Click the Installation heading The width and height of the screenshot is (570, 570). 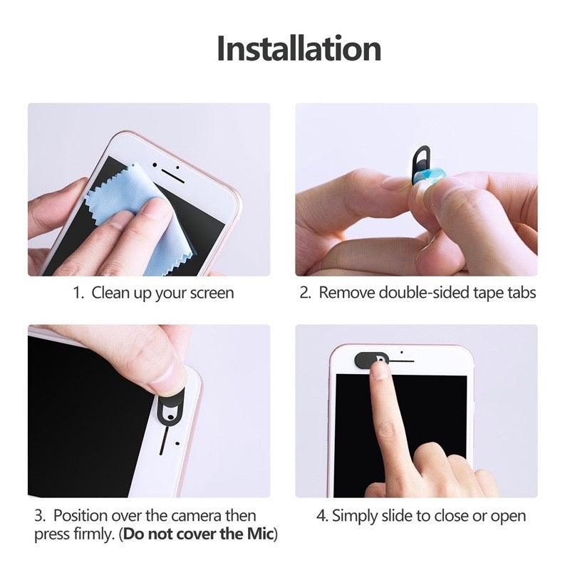tap(299, 49)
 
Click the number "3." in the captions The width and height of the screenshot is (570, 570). tap(41, 515)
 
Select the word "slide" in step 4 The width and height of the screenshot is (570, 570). tap(395, 515)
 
